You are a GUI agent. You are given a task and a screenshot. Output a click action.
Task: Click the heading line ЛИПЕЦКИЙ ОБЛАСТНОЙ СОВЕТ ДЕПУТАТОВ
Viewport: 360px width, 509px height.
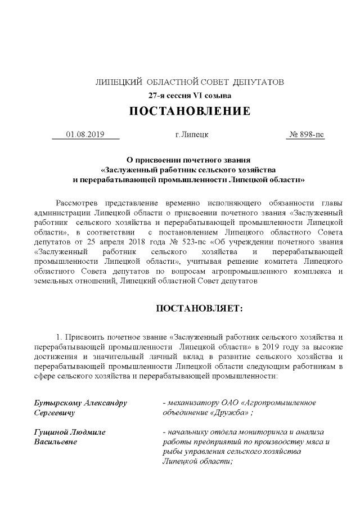190,82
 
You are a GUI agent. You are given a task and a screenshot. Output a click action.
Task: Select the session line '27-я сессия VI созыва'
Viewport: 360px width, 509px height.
190,95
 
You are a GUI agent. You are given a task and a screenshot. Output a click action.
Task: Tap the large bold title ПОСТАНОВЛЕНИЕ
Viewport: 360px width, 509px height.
190,111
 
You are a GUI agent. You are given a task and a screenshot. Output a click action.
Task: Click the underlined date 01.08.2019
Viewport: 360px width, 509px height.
85,135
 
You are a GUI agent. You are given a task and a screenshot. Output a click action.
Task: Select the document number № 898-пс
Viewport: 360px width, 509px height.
306,135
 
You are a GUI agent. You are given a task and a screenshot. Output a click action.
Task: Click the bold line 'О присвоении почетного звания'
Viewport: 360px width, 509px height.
189,160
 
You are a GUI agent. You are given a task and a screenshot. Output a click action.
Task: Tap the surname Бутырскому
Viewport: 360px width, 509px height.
57,403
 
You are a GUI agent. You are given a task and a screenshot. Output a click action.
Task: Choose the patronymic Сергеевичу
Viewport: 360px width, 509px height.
55,412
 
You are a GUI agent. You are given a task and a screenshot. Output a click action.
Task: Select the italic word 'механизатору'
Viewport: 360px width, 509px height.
193,403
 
